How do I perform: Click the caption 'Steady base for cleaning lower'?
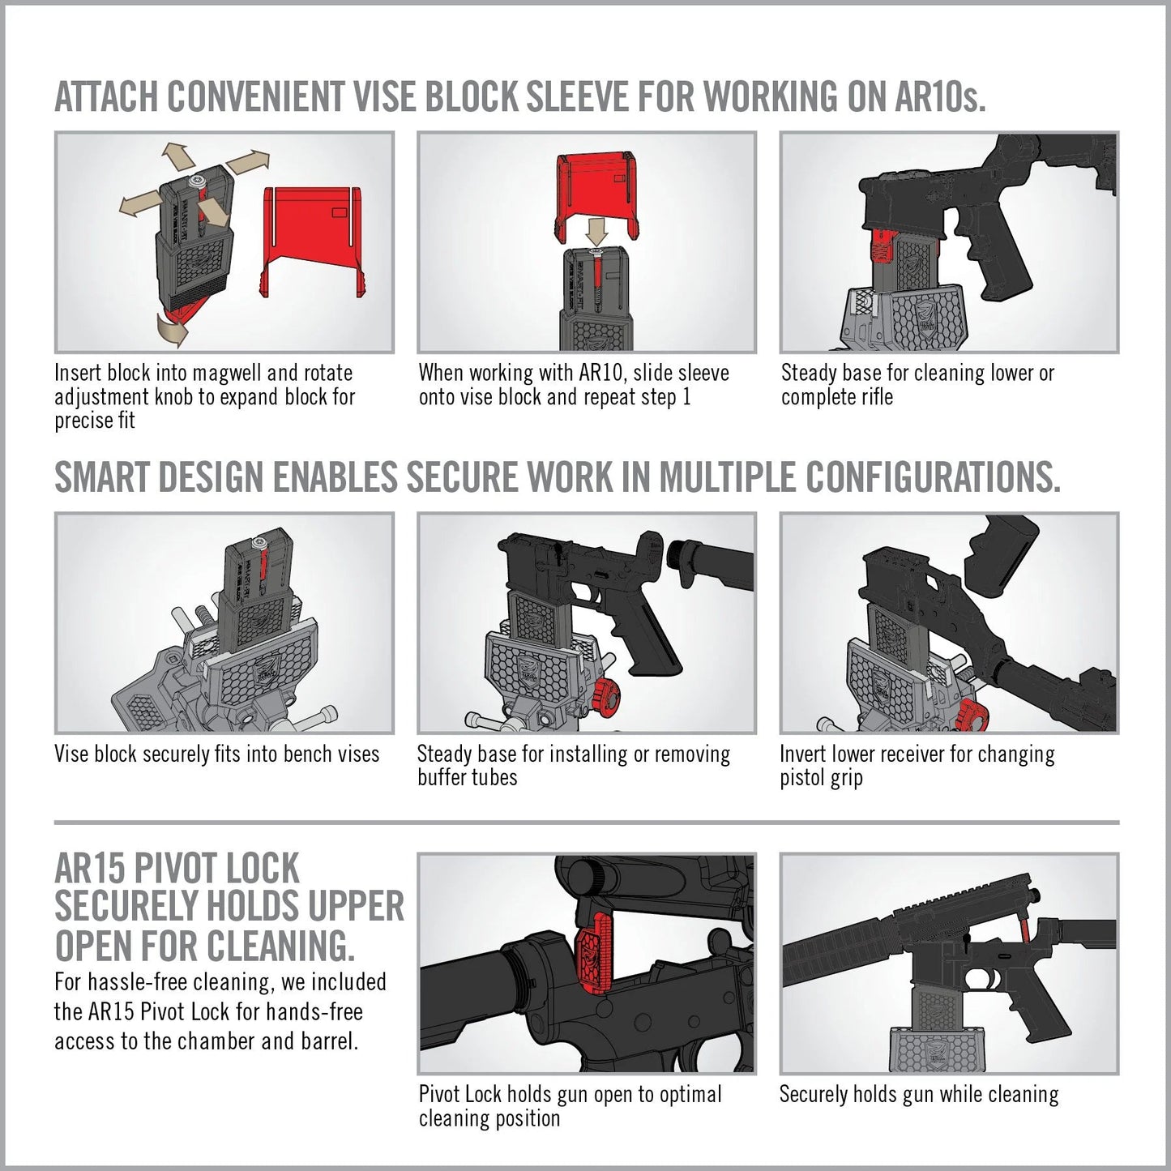pos(917,374)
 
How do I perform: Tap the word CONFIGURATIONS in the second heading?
pos(932,477)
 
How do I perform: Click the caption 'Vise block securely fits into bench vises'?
pos(216,754)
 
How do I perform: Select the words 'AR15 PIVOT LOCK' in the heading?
pos(177,870)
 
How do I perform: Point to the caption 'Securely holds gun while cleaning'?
pos(918,1095)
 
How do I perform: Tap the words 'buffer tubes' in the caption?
pos(467,778)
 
